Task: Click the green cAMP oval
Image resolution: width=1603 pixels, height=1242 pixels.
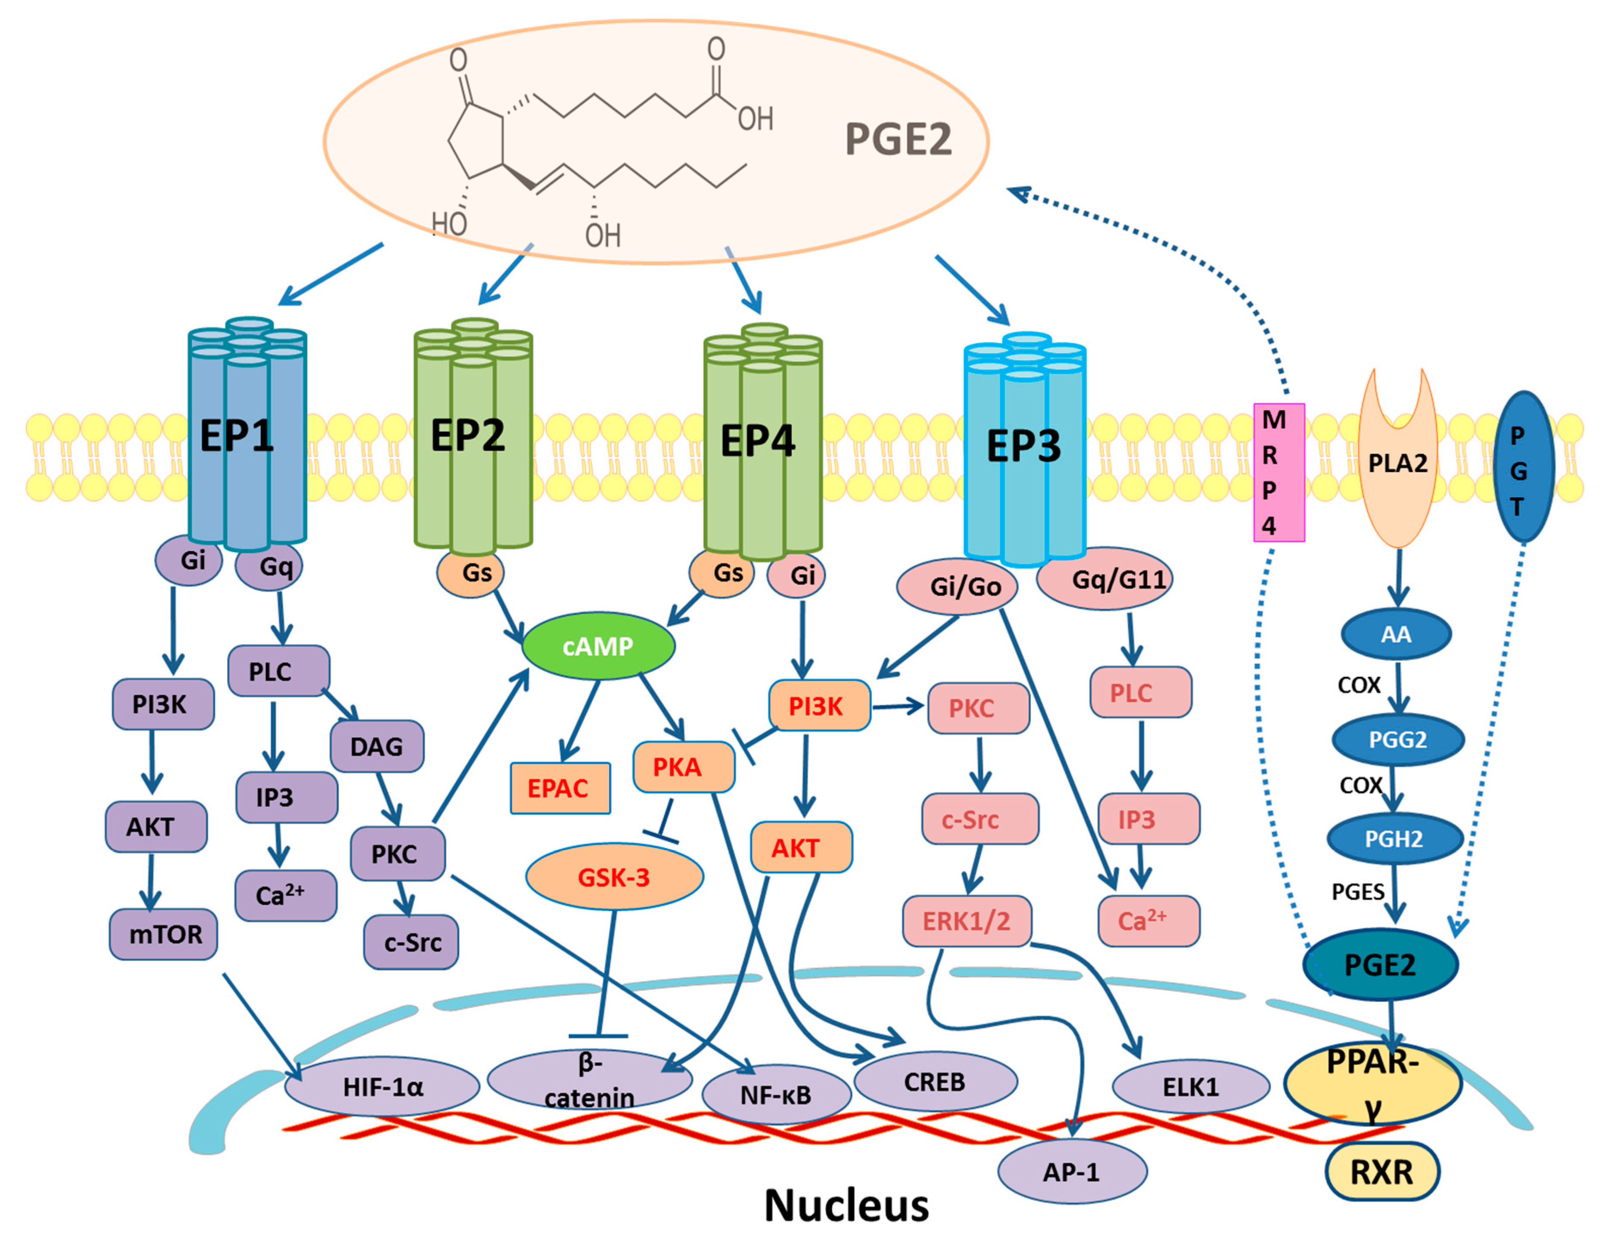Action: [598, 646]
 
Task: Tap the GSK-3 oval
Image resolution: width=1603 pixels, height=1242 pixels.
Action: [614, 877]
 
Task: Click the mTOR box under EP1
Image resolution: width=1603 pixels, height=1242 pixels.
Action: [163, 934]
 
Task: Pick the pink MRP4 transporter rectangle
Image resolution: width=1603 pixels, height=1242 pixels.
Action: [1278, 472]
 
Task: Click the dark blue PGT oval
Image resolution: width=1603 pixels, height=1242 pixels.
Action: [1523, 467]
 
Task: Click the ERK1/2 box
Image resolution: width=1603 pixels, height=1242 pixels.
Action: [967, 921]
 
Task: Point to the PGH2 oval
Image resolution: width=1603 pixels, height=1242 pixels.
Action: [1394, 838]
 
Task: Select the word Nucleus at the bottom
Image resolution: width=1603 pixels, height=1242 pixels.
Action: [846, 1205]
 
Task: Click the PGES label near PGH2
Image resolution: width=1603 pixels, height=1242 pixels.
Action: [1358, 891]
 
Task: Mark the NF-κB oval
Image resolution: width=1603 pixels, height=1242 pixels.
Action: [776, 1095]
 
